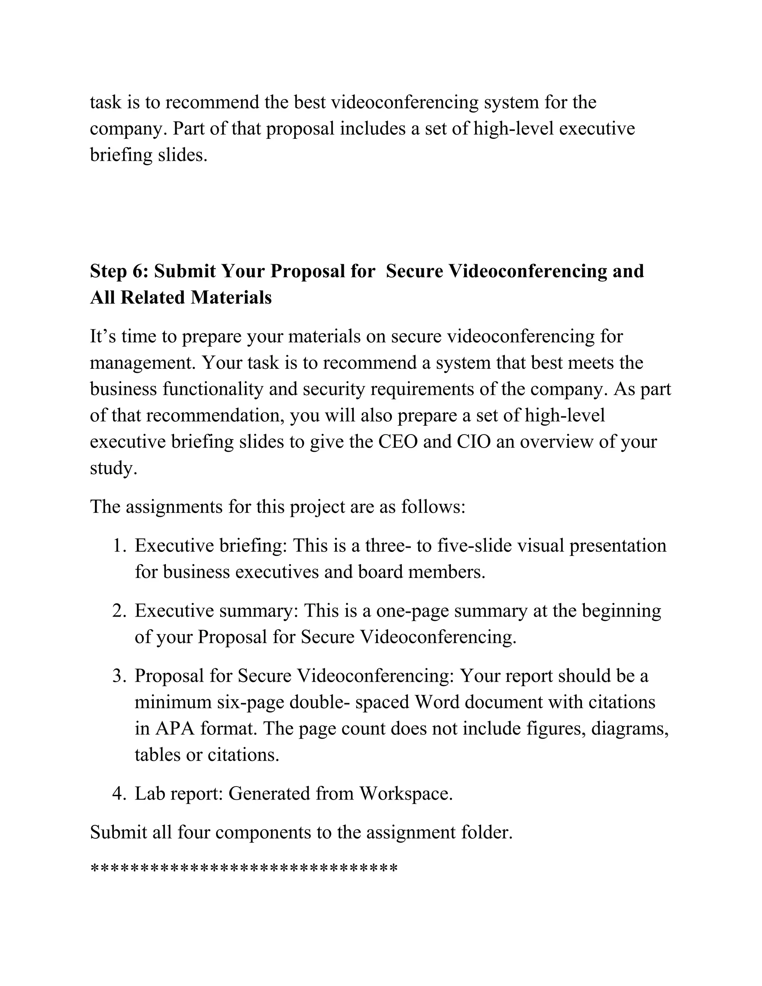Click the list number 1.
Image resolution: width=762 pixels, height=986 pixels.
click(119, 546)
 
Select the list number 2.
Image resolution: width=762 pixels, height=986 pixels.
click(119, 611)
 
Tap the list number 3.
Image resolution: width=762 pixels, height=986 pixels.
click(119, 676)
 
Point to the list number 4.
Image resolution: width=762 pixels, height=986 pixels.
click(119, 793)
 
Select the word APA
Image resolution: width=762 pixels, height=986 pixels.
click(175, 728)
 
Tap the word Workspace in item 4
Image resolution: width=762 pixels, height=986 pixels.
click(406, 793)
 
